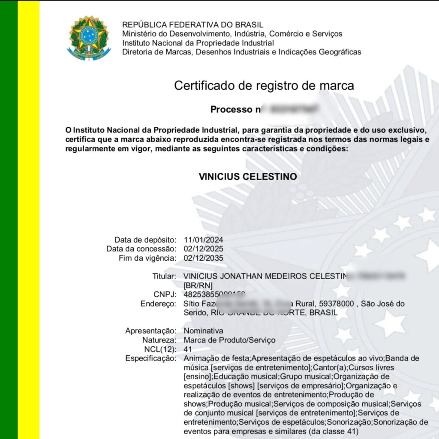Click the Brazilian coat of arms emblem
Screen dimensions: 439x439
tap(89, 38)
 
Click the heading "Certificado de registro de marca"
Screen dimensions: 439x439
tap(264, 86)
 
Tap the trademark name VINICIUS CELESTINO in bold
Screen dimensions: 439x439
tap(247, 177)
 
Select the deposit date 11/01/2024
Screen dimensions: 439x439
tap(203, 240)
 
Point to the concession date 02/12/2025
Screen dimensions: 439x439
tap(203, 249)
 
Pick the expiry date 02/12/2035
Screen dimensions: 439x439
tap(203, 259)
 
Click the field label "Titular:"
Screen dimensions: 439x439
tap(164, 277)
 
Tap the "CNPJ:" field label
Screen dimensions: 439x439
tap(165, 295)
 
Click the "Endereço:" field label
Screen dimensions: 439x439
tap(158, 304)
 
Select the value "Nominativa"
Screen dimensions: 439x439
tap(203, 331)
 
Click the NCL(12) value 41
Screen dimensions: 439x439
tap(188, 349)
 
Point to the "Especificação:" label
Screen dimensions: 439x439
tap(150, 358)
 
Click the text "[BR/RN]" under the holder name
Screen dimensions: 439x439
tap(198, 286)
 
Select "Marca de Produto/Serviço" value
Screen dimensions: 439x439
tap(229, 340)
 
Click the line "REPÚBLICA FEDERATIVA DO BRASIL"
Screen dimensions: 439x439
tap(193, 25)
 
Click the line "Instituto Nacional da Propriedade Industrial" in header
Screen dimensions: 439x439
tap(198, 43)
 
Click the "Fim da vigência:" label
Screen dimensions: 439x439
tap(147, 259)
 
